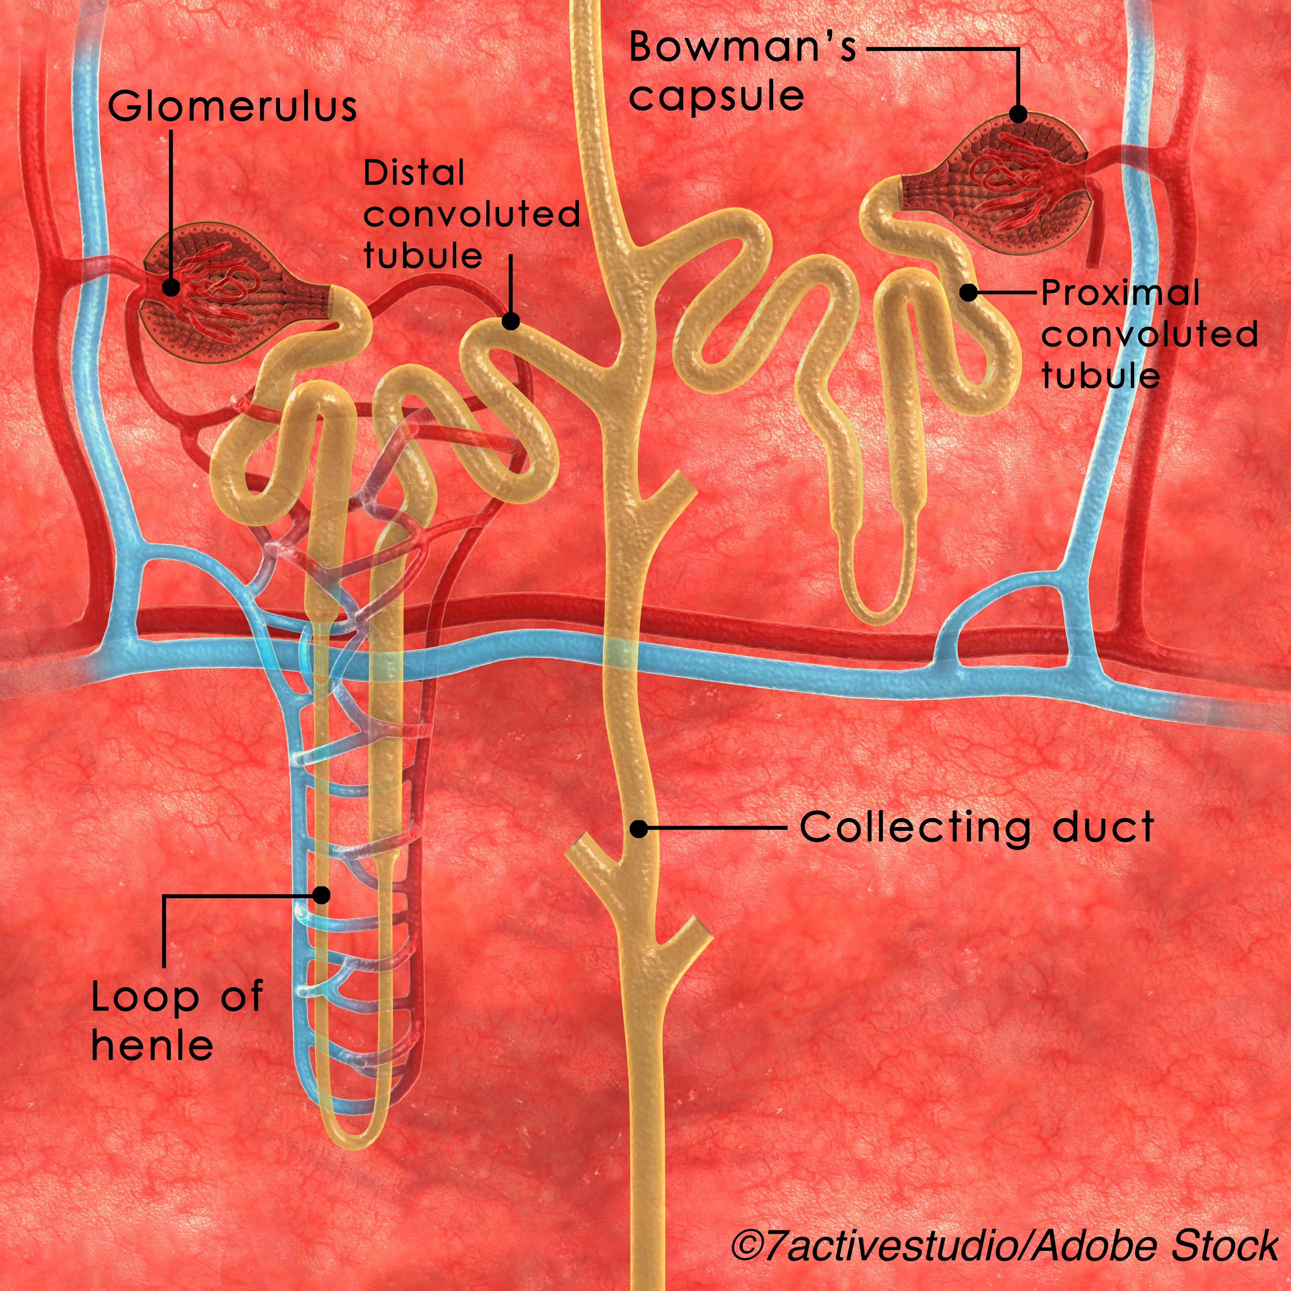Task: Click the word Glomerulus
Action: point(232,107)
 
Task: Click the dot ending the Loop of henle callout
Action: point(322,895)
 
